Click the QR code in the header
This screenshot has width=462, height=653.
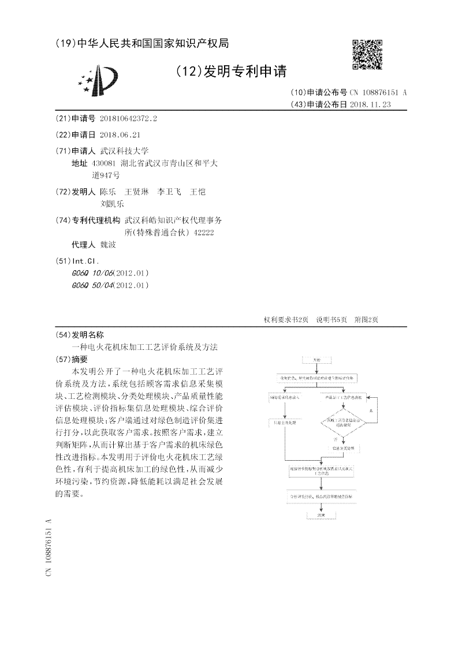tap(367, 54)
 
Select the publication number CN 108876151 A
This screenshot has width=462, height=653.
tap(378, 92)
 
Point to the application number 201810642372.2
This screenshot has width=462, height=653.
tap(128, 118)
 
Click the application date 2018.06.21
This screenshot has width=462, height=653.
tap(120, 135)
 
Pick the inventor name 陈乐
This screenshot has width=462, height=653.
tap(108, 191)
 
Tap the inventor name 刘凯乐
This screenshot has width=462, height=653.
tap(112, 203)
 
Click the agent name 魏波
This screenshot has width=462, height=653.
tap(108, 245)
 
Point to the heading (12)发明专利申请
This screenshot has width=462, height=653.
tap(230, 72)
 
